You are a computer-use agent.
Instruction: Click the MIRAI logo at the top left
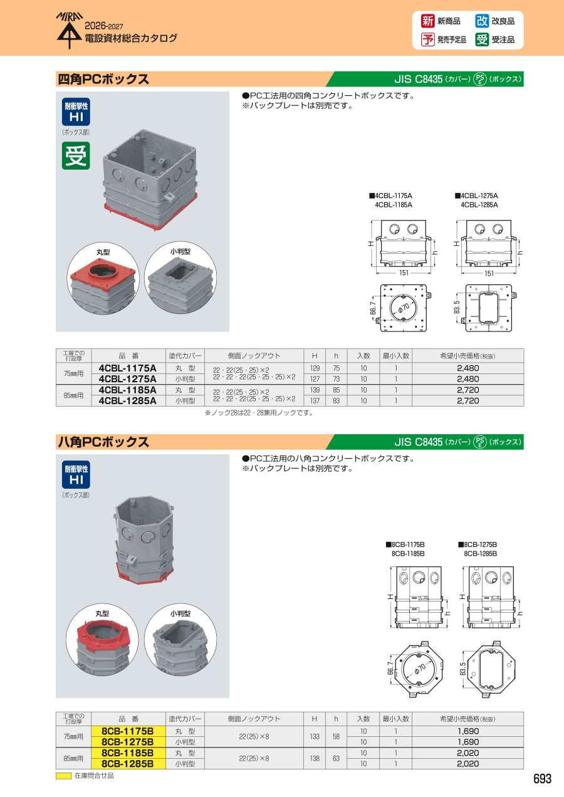tap(70, 31)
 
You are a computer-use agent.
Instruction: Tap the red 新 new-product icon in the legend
tap(427, 21)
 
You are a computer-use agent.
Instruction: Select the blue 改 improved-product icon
tap(482, 21)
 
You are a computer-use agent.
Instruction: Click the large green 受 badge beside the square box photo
tap(76, 156)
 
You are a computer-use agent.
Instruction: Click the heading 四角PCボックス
tap(103, 79)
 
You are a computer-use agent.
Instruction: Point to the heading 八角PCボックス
tap(103, 442)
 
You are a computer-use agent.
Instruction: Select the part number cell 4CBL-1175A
tap(128, 368)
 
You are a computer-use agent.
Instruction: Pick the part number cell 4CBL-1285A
tap(128, 400)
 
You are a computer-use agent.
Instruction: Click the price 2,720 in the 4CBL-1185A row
tap(468, 390)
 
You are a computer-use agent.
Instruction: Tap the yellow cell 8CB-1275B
tap(128, 742)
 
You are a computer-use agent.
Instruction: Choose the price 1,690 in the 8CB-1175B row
tap(468, 731)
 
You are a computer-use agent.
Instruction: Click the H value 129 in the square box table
tap(315, 368)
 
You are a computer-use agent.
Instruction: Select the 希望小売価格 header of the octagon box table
tap(467, 719)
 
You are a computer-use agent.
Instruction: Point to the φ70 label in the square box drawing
tap(404, 308)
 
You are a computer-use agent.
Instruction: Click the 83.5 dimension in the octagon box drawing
tap(462, 669)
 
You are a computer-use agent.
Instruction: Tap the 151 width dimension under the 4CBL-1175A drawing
tap(404, 273)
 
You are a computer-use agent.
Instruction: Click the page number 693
tap(542, 779)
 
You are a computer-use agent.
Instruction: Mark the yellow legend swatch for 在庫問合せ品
tap(64, 776)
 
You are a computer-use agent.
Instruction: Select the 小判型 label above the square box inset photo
tap(180, 251)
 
